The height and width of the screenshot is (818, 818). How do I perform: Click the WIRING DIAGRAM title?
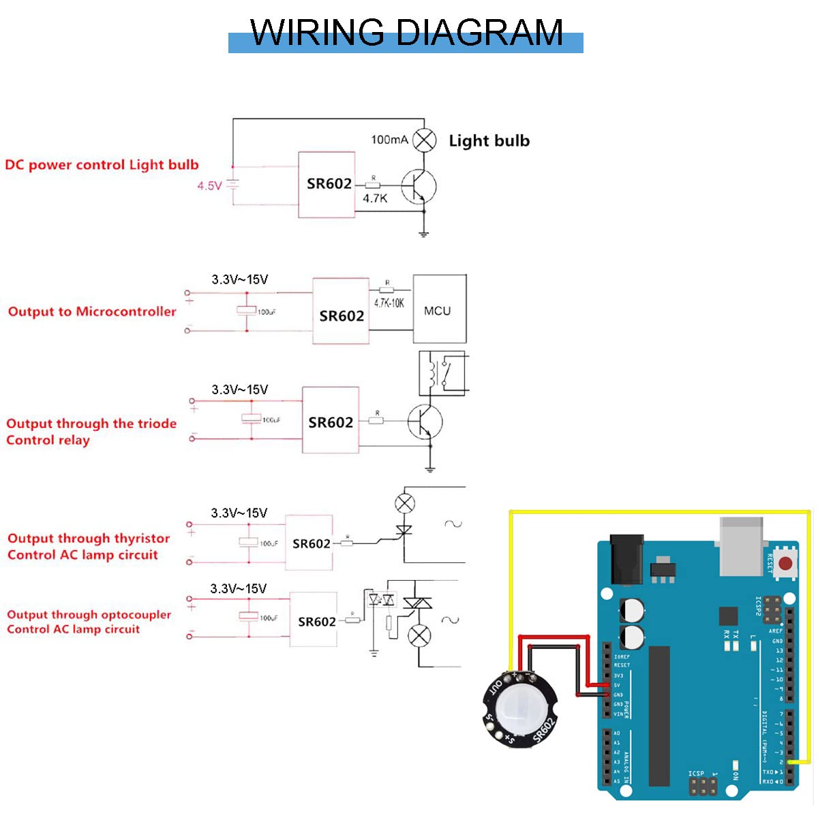[406, 33]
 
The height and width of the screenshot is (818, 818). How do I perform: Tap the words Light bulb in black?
[489, 140]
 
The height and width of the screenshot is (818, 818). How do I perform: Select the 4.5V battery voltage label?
[209, 185]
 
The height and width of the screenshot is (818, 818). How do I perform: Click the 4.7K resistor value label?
[375, 198]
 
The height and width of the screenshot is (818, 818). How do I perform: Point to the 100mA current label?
[389, 140]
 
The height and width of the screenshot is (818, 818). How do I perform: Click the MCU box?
[439, 310]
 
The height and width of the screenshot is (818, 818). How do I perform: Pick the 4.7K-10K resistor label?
[389, 303]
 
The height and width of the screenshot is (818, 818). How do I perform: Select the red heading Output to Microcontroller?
[92, 312]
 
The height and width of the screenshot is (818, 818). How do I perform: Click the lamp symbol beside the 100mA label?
[425, 141]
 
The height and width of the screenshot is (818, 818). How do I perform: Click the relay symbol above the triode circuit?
[442, 373]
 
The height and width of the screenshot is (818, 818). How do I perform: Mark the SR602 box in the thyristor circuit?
[309, 543]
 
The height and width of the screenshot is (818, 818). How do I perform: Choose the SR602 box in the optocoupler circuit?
[314, 620]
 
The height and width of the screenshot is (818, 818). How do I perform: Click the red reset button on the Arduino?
[785, 564]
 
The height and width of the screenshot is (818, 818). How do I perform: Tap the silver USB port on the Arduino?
[742, 545]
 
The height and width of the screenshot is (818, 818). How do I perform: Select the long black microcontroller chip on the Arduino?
[659, 716]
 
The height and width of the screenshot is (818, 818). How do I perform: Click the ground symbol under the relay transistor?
[430, 468]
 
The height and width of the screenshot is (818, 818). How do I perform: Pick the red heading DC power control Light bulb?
[102, 165]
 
